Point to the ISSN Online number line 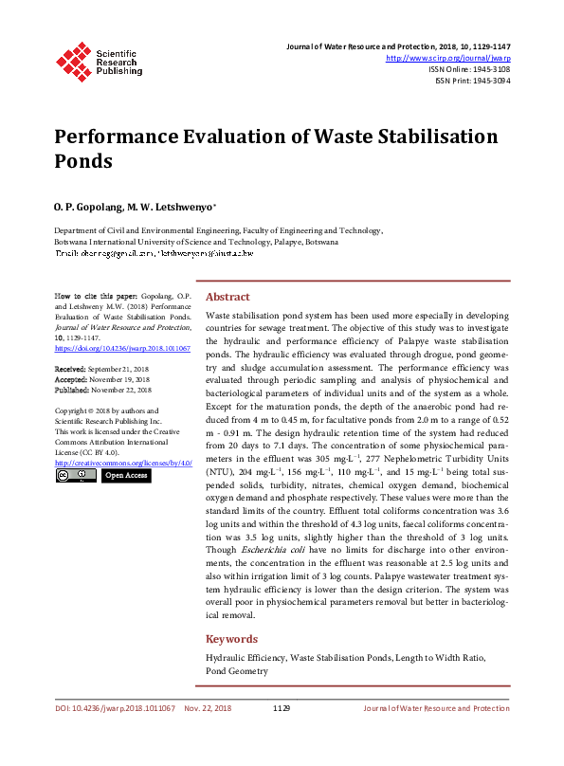click(469, 69)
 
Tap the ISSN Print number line click(472, 81)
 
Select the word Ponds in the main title click(82, 160)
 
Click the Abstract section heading click(227, 296)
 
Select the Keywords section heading click(233, 638)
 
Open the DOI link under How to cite click(122, 349)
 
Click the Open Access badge click(124, 475)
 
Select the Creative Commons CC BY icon click(75, 475)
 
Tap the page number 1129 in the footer click(282, 708)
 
